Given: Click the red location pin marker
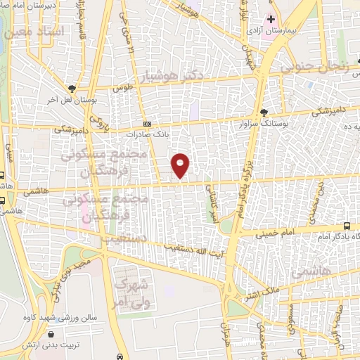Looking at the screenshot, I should click(181, 165).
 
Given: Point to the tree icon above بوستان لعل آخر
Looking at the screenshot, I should click(72, 89).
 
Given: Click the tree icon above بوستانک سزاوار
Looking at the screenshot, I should click(264, 112).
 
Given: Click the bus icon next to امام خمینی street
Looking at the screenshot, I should click(348, 226).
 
